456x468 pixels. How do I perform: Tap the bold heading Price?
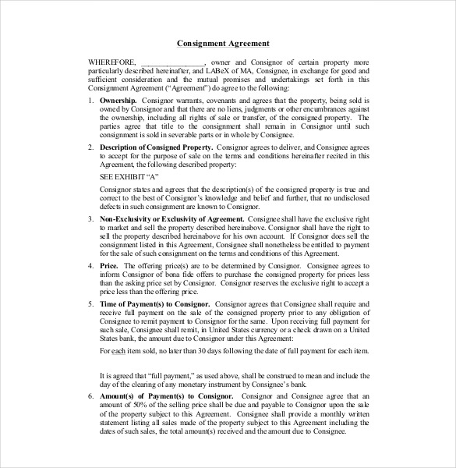(108, 266)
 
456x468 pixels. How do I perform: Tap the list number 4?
(90, 266)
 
